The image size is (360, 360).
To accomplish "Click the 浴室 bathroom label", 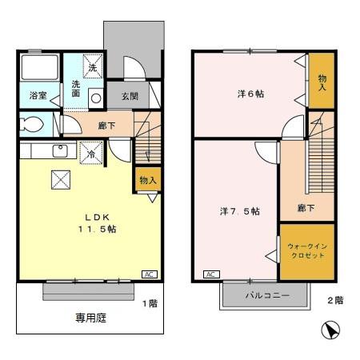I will pos(38,95).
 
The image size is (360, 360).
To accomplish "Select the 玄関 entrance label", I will pos(130,96).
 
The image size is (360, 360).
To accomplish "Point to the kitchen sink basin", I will pos(59,152).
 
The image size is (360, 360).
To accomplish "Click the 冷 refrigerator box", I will pos(92,152).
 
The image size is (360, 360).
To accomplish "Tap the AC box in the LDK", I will pos(148,274).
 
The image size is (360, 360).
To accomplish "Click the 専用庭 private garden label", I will pos(90,318).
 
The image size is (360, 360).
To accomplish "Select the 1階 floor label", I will pos(150,303).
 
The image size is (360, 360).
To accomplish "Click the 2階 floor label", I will pos(334,301).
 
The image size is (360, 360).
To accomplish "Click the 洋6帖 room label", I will pos(250,94).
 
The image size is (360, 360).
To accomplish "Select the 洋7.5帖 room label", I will pos(240,211).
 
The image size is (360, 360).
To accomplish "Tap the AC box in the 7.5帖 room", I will pos(212,274).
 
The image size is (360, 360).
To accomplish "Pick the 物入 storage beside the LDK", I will pos(148,180).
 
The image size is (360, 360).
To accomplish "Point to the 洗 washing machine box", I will pos(93,67).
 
